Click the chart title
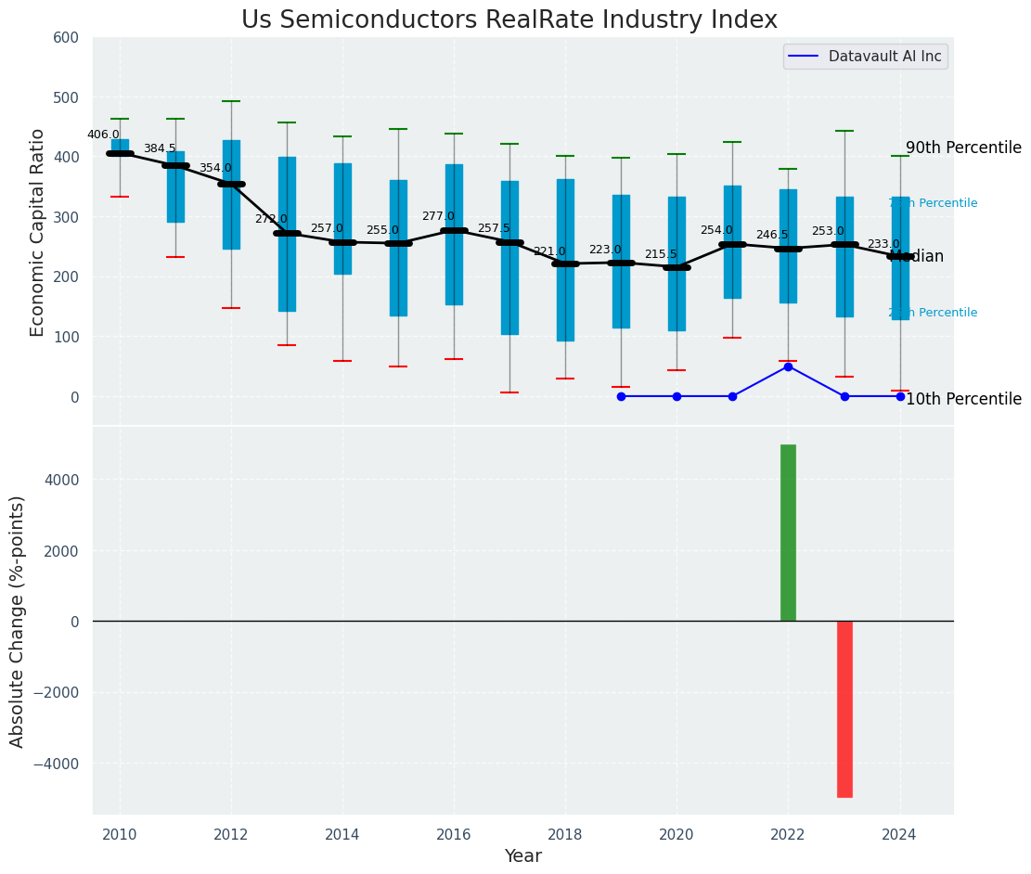tap(509, 20)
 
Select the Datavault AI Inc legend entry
tap(866, 57)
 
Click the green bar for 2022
tap(788, 533)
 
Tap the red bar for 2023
tap(844, 709)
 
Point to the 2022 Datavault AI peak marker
tap(788, 366)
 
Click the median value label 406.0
tap(103, 135)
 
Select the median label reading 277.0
tap(438, 216)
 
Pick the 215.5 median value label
tap(661, 254)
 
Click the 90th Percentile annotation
tap(963, 148)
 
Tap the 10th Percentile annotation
tap(963, 400)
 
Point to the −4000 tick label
tap(57, 764)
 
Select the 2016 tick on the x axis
tap(454, 834)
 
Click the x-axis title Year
tap(522, 856)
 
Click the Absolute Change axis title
tap(18, 621)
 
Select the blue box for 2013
tap(287, 234)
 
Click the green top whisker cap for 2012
tap(231, 101)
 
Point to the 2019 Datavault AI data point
tap(621, 396)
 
